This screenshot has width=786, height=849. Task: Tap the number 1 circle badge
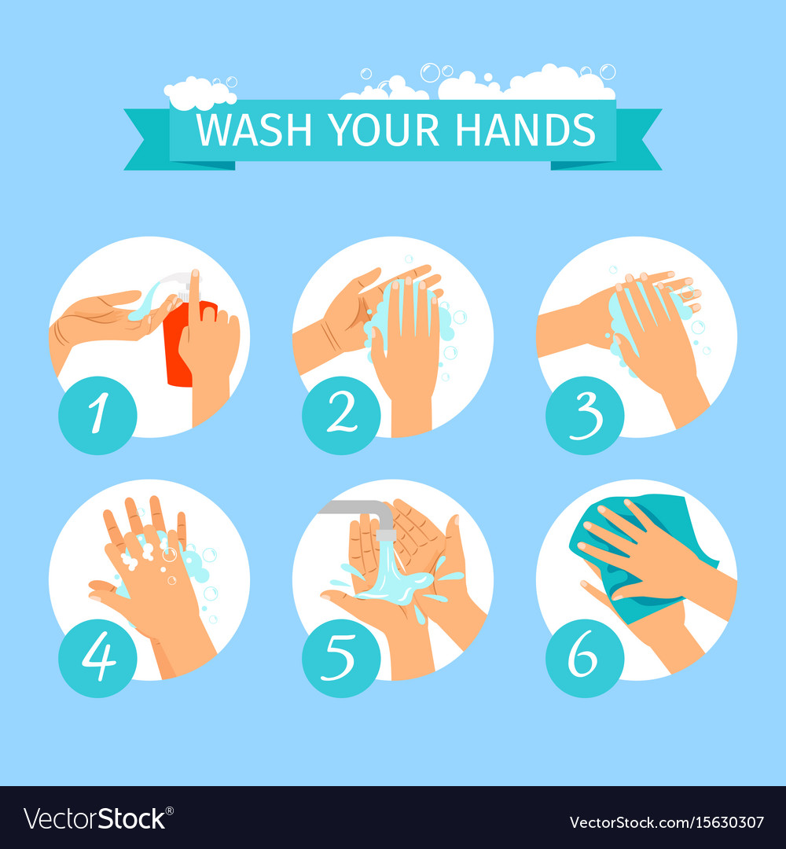[97, 415]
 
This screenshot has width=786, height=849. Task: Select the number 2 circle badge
[341, 415]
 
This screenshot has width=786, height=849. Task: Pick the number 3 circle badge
[585, 415]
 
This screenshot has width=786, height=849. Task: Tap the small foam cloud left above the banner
[199, 92]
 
